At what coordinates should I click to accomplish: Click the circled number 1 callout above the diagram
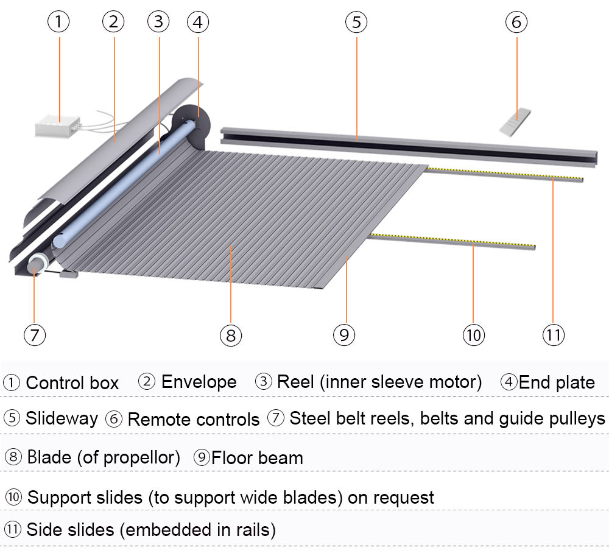click(x=58, y=23)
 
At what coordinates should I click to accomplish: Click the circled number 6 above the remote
click(x=516, y=23)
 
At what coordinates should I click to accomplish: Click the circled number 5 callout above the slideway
click(x=356, y=23)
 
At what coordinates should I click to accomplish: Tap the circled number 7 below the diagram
click(x=35, y=334)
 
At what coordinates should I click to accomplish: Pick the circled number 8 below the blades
click(x=230, y=334)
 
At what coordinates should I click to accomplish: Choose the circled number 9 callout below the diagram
click(x=344, y=334)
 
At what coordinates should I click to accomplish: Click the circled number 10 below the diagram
click(x=474, y=334)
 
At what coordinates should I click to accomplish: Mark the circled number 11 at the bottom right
click(x=553, y=334)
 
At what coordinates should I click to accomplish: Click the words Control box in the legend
click(x=72, y=383)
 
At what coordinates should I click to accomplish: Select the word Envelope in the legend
click(x=199, y=382)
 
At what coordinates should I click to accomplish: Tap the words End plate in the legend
click(x=557, y=382)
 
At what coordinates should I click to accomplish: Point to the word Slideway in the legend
click(x=62, y=418)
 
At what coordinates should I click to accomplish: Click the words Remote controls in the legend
click(x=194, y=419)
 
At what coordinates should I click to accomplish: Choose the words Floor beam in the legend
click(x=257, y=457)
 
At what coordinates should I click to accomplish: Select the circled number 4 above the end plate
click(x=197, y=23)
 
